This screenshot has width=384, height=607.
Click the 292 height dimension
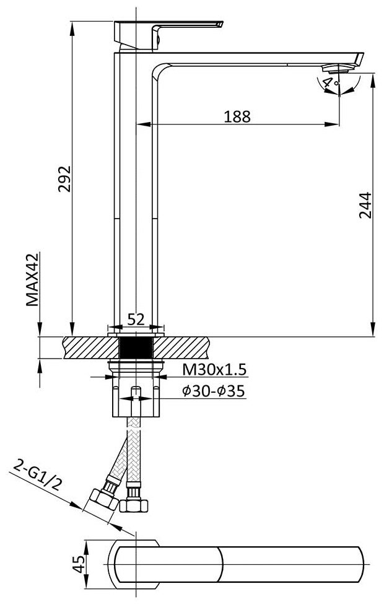(x=64, y=178)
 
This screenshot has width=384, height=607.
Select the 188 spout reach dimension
(x=237, y=116)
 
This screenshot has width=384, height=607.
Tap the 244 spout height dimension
(x=365, y=205)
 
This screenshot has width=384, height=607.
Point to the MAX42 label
(x=32, y=279)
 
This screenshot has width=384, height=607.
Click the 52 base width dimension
(x=136, y=320)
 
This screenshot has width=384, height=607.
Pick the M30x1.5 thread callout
(x=214, y=370)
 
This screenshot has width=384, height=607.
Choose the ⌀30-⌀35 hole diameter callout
(x=214, y=391)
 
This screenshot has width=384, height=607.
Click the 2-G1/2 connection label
(x=38, y=474)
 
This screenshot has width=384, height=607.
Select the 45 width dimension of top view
(x=79, y=564)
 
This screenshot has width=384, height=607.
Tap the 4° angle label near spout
(x=330, y=82)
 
